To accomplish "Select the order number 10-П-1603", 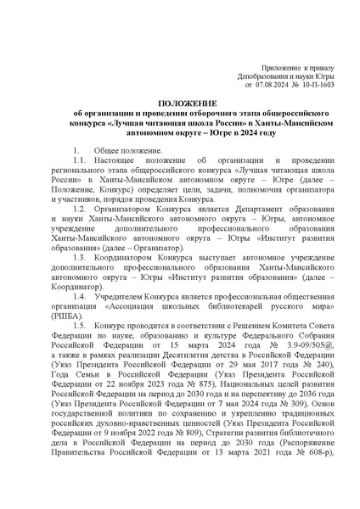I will pyautogui.click(x=318, y=84).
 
